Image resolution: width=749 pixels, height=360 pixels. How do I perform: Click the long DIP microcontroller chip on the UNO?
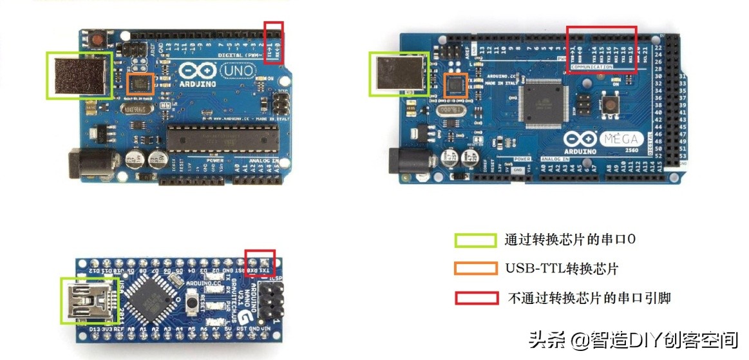point(222,137)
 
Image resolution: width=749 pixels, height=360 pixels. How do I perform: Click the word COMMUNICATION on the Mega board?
point(591,67)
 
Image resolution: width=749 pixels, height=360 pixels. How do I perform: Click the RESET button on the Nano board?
point(191,301)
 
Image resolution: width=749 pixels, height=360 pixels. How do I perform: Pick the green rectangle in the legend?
point(475,240)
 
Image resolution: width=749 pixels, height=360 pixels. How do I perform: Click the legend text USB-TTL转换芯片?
point(562,269)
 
